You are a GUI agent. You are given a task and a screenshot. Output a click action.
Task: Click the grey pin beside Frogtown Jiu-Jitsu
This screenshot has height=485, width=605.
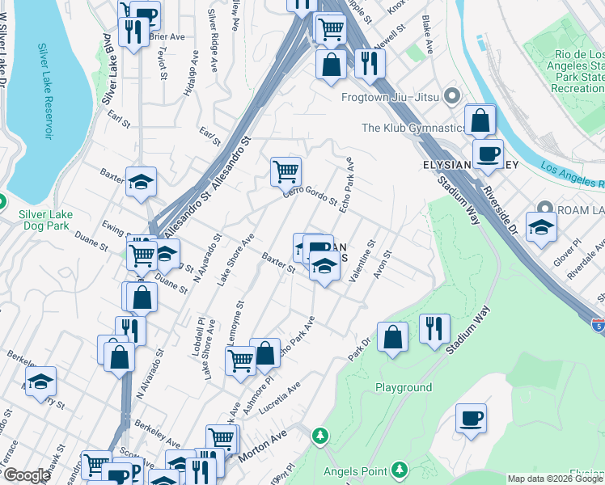(451, 97)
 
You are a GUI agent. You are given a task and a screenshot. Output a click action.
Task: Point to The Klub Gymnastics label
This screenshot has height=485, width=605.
(413, 128)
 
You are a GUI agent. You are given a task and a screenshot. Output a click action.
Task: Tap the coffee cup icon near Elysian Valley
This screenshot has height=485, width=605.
(488, 154)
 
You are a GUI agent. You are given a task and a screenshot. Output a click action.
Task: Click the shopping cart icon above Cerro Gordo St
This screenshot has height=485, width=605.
(286, 171)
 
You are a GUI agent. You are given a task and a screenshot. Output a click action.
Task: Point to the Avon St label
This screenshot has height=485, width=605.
(383, 266)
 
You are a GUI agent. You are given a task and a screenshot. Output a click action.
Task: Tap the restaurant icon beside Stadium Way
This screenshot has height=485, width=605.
(434, 328)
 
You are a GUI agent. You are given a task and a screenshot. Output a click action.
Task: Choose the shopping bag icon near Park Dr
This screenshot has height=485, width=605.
(392, 337)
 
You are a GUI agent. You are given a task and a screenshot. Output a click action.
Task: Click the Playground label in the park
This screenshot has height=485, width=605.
(404, 387)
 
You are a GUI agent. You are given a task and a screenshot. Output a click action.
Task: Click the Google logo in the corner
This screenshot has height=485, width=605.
(27, 475)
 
